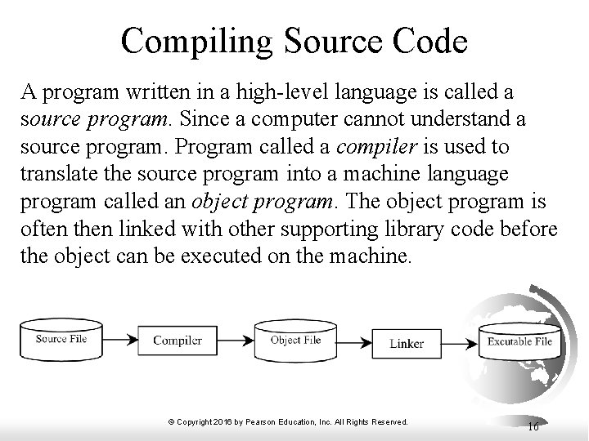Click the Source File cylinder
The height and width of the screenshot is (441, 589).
click(x=61, y=338)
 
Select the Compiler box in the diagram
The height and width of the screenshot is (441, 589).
click(x=177, y=340)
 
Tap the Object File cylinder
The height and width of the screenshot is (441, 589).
click(x=295, y=340)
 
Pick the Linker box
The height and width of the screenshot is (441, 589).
click(x=407, y=343)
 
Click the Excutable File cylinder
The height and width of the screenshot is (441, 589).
click(x=519, y=342)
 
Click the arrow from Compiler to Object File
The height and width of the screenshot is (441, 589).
click(x=235, y=340)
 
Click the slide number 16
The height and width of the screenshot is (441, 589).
click(x=533, y=425)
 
